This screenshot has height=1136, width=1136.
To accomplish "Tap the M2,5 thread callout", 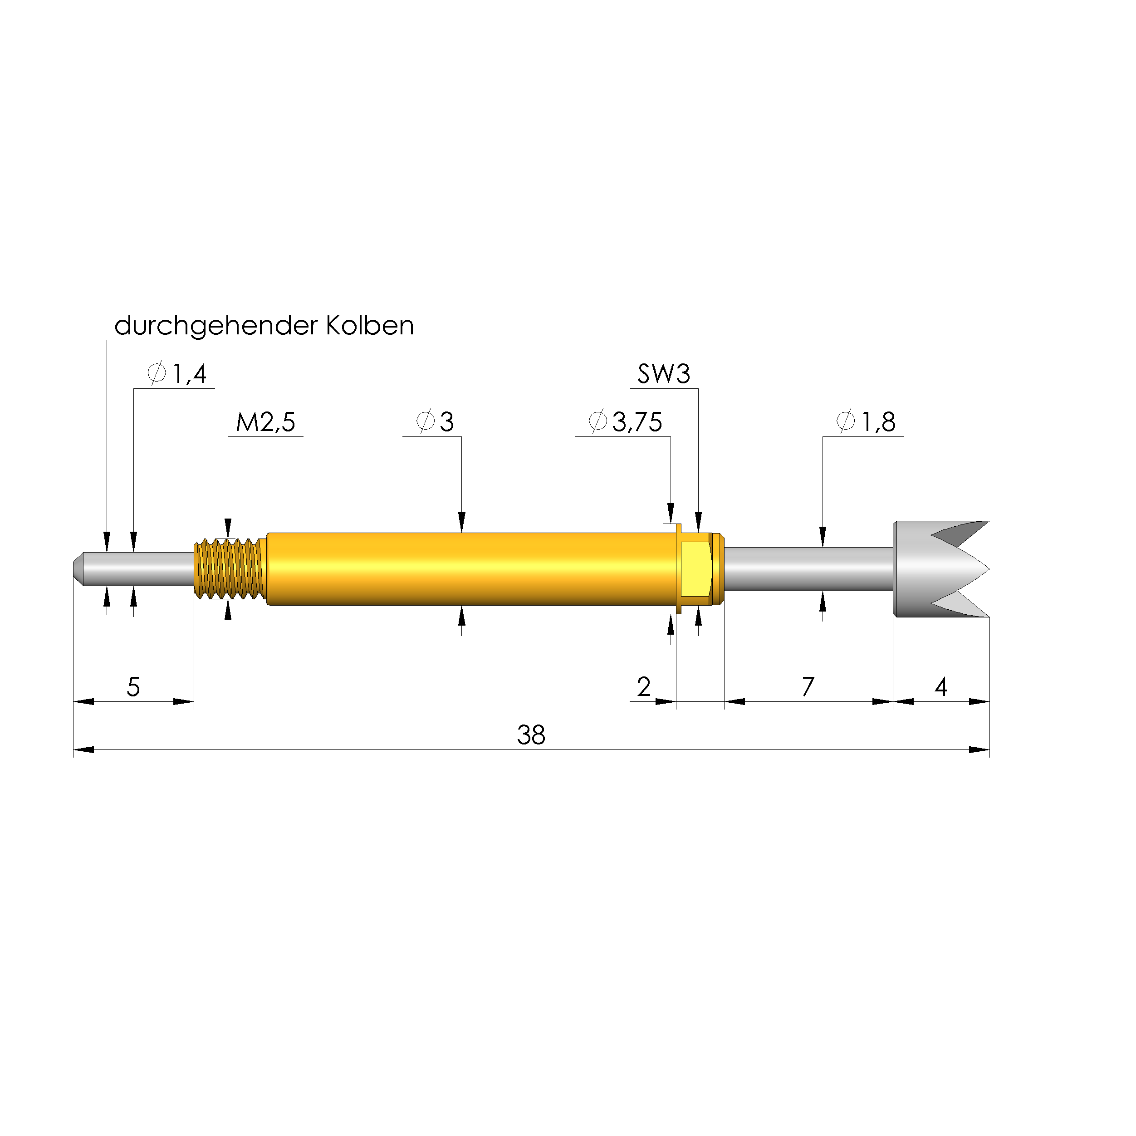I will click(265, 422).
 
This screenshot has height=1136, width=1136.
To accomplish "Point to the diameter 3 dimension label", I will click(435, 422).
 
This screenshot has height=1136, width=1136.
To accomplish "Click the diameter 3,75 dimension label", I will click(625, 422).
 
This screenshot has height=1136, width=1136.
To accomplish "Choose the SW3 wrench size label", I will click(663, 374).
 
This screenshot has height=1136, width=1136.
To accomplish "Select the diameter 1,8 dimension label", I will click(866, 422).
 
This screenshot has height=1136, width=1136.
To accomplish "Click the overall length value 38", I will click(531, 735).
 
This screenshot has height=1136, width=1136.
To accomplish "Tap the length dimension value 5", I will click(133, 687).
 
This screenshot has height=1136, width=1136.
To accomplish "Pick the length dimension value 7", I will click(808, 687).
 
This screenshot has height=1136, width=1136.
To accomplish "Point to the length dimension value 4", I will click(941, 687).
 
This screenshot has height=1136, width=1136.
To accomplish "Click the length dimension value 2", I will click(644, 687).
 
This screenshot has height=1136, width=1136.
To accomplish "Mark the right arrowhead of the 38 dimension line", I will click(979, 749).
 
